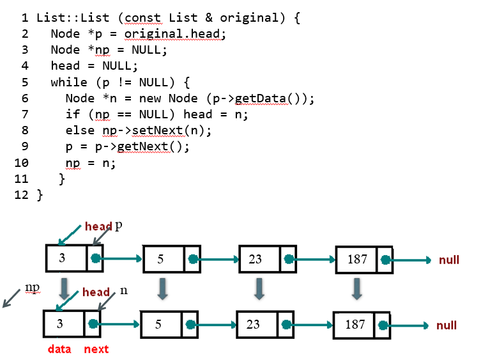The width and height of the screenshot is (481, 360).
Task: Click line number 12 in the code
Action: pyautogui.click(x=22, y=195)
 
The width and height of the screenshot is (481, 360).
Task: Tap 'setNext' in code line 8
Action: pyautogui.click(x=151, y=130)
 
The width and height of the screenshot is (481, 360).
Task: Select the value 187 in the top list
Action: pyautogui.click(x=357, y=260)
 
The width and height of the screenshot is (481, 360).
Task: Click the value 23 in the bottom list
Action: pyautogui.click(x=254, y=324)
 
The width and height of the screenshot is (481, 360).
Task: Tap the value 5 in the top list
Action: pyautogui.click(x=160, y=260)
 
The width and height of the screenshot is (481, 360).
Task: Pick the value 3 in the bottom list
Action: pyautogui.click(x=60, y=324)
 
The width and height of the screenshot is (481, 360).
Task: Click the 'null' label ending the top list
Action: pyautogui.click(x=449, y=260)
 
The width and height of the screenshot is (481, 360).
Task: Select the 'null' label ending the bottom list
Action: pyautogui.click(x=447, y=325)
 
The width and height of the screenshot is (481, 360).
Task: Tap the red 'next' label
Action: pyautogui.click(x=96, y=349)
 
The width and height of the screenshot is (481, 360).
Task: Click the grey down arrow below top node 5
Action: pyautogui.click(x=163, y=288)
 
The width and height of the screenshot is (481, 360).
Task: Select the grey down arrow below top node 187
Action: pyautogui.click(x=358, y=288)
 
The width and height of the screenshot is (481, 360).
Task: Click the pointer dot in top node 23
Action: pyautogui.click(x=289, y=260)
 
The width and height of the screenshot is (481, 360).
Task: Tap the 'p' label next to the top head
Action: pyautogui.click(x=118, y=226)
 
